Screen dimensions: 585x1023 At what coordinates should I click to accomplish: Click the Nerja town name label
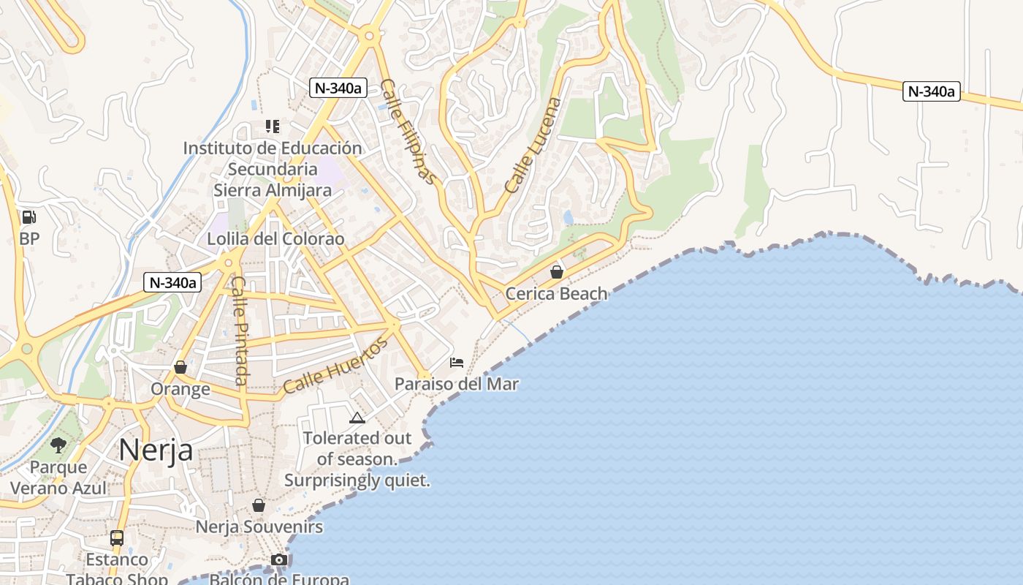[156, 449]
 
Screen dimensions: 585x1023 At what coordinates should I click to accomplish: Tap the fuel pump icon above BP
[28, 217]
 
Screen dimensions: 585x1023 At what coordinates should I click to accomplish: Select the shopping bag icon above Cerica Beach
[557, 272]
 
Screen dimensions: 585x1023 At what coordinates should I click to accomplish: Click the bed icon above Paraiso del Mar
[457, 362]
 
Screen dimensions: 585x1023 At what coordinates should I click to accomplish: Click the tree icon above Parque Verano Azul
[58, 445]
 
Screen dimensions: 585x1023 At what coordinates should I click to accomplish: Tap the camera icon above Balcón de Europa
[278, 560]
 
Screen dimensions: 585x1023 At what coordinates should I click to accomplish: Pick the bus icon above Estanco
[117, 538]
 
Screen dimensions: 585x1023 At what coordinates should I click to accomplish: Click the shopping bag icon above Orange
[180, 367]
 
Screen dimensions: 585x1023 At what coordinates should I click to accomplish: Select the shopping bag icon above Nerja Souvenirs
[259, 505]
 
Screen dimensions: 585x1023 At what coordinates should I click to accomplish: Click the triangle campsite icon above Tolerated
[357, 418]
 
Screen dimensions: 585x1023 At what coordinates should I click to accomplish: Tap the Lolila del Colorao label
[275, 239]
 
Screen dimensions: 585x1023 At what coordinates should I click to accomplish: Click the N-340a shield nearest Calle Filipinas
[337, 88]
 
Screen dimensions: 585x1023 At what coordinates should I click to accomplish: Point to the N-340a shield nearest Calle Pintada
[172, 282]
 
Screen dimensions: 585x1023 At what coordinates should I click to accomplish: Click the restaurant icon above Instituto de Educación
[273, 127]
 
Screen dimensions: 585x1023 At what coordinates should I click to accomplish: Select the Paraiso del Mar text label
[457, 384]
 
